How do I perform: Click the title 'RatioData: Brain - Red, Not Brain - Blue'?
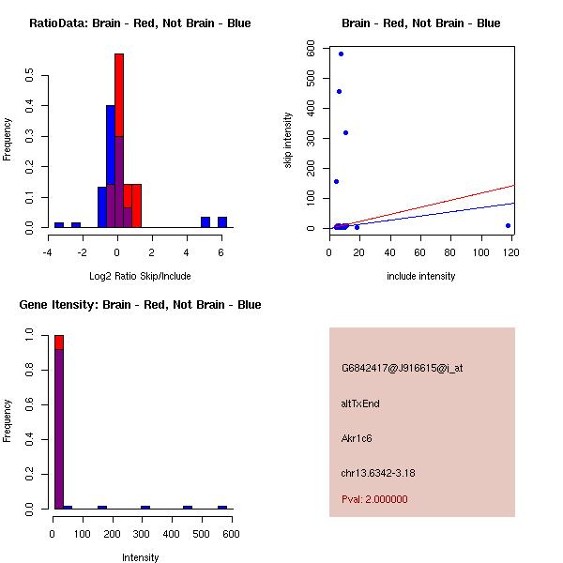pos(140,23)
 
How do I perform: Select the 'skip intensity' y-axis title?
pos(288,141)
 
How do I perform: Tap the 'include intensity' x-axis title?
pos(420,276)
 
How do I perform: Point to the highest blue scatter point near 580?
pos(341,53)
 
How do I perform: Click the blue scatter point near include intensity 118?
pos(508,225)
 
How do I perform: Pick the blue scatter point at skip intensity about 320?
pos(345,132)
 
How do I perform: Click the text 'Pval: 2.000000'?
pos(374,499)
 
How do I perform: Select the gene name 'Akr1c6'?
pos(358,438)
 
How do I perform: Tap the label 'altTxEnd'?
pos(360,403)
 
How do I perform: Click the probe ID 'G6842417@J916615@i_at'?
pos(402,368)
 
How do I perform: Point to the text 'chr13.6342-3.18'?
pos(378,473)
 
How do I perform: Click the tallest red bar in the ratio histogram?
pos(119,141)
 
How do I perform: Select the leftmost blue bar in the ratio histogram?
pos(59,225)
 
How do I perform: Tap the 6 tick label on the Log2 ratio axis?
pos(221,252)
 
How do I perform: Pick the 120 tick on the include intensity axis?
pos(512,252)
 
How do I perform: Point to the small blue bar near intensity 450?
pos(188,507)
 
